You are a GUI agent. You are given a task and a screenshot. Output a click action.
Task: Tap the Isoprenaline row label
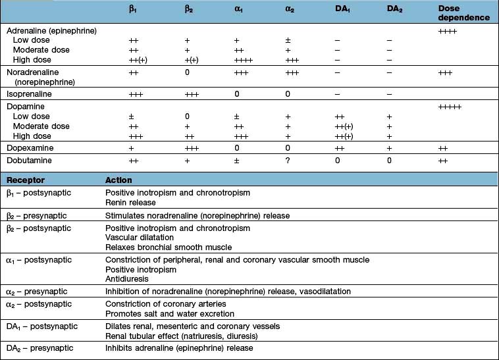[31, 94]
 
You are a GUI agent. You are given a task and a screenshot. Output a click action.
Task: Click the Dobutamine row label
[30, 160]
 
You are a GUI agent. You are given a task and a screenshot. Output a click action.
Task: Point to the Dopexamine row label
[30, 148]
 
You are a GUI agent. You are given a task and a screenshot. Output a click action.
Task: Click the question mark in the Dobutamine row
[288, 160]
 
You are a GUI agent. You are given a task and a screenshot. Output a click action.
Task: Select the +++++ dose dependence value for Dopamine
[450, 106]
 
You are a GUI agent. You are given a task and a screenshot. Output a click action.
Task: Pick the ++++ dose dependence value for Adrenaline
[448, 30]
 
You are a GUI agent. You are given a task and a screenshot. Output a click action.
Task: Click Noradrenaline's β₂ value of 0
[187, 72]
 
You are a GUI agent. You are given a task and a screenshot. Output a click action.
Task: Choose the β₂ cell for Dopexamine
[190, 148]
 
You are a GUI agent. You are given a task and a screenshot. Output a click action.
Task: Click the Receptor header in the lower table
[25, 180]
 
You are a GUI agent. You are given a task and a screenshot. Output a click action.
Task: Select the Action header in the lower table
[118, 180]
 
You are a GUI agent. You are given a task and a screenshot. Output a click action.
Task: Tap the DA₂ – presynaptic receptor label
[39, 347]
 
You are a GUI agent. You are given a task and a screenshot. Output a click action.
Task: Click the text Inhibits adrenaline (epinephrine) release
[179, 348]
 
